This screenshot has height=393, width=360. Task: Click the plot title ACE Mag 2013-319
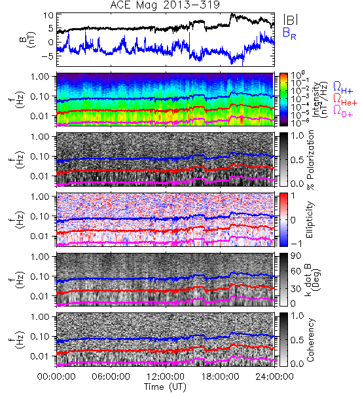(165, 5)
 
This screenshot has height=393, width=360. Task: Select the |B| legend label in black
(291, 19)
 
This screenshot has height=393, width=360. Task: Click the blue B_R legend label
(289, 34)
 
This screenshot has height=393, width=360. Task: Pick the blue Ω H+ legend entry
(343, 88)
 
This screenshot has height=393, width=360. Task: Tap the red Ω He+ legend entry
(345, 100)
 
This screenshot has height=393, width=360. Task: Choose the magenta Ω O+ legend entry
(343, 111)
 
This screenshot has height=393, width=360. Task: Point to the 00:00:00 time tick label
(56, 377)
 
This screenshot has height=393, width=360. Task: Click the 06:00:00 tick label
(111, 377)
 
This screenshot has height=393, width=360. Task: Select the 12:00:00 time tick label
(166, 377)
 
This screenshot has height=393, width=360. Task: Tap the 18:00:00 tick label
(220, 377)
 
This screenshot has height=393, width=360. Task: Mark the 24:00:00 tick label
(274, 377)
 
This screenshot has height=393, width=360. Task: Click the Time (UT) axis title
(165, 387)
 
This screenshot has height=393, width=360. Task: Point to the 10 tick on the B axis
(48, 16)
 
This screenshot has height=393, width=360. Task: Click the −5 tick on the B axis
(47, 56)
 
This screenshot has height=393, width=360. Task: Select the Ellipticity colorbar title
(310, 220)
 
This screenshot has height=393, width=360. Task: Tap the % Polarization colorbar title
(310, 160)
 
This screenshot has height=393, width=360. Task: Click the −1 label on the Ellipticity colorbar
(296, 243)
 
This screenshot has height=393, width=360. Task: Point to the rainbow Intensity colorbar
(283, 100)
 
